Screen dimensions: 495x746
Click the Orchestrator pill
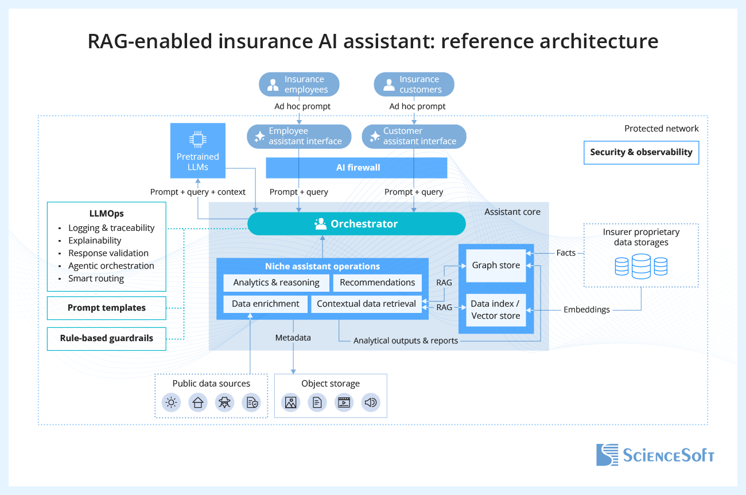tap(356, 224)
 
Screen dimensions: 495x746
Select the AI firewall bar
tap(356, 168)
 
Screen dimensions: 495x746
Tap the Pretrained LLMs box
tap(197, 150)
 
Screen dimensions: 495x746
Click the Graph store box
tap(496, 265)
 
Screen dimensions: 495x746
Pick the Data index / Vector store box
tap(496, 310)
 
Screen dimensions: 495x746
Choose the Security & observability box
tap(641, 153)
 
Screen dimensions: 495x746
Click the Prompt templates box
tap(107, 308)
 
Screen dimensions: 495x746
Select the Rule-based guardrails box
tap(107, 338)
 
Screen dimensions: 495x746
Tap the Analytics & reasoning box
tap(276, 283)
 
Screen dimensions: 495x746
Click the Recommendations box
tap(377, 283)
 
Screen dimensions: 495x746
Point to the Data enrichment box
tap(265, 304)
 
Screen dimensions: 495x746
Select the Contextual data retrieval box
tap(366, 304)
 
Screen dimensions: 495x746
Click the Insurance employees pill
tap(299, 84)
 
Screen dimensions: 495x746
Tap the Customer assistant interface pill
tap(414, 136)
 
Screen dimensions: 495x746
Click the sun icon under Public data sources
tap(171, 403)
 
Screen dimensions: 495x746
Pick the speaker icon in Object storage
tap(371, 403)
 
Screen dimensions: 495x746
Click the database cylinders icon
tap(640, 266)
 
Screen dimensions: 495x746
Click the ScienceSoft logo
tap(654, 455)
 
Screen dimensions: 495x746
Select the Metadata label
tap(293, 338)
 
